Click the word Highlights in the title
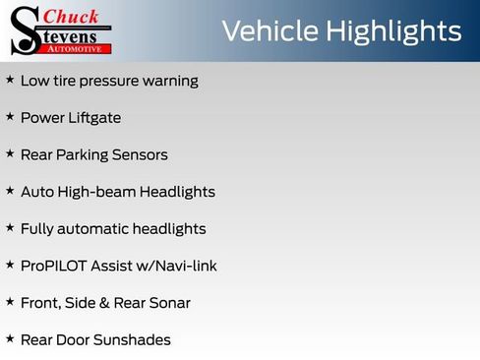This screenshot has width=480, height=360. coord(390,31)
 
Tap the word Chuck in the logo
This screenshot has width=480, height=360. coord(74,16)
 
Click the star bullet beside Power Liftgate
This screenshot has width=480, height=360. coord(10,117)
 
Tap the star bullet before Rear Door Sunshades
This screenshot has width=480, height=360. coord(10,339)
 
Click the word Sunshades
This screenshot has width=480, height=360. coord(132,340)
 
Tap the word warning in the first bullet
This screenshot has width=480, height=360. coord(167,81)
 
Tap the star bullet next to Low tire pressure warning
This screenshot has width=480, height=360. coord(10,80)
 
